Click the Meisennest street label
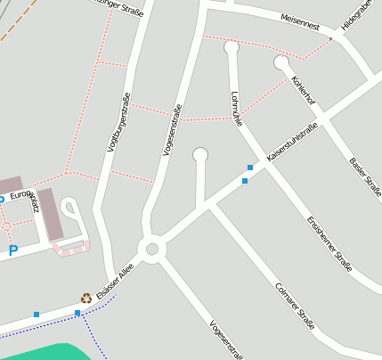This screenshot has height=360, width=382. point(299,19)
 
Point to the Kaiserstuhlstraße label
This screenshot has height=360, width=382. point(292,142)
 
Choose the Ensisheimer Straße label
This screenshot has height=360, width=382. point(329,242)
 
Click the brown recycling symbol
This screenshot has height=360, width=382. point(86,299)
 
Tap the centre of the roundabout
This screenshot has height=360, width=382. point(151,249)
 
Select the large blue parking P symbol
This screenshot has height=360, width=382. point(12,251)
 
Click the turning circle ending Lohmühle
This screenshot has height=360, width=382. point(232,47)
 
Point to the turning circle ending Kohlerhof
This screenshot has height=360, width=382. point(281,62)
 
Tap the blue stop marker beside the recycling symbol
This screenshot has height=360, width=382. point(77,313)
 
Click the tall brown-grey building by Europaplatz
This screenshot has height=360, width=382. point(50,214)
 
